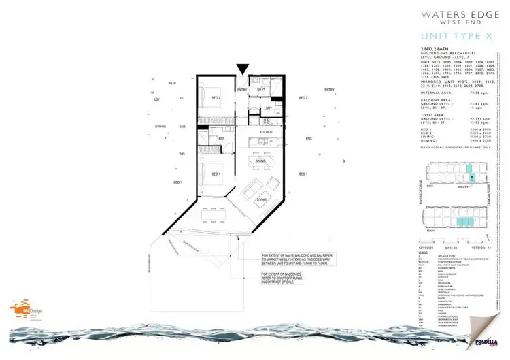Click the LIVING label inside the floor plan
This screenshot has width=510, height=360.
pyautogui.click(x=260, y=198)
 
